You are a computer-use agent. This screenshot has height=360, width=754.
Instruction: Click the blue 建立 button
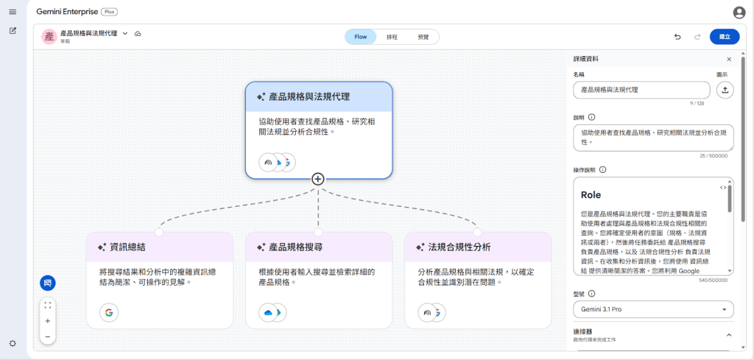pyautogui.click(x=725, y=37)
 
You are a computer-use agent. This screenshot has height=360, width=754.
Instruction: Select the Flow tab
pyautogui.click(x=361, y=37)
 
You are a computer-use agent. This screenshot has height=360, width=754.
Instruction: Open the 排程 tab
pyautogui.click(x=392, y=37)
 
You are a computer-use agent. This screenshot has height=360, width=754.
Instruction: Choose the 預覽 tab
pyautogui.click(x=423, y=37)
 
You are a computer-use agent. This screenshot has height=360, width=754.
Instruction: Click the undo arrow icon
pyautogui.click(x=677, y=37)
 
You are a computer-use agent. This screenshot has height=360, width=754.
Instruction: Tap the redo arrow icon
pyautogui.click(x=697, y=37)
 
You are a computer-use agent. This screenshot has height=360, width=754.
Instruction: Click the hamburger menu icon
pyautogui.click(x=13, y=12)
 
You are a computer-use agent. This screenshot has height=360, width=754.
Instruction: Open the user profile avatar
pyautogui.click(x=739, y=12)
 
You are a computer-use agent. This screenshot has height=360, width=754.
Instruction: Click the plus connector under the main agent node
pyautogui.click(x=318, y=179)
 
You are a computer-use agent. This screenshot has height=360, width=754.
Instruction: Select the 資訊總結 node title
pyautogui.click(x=127, y=247)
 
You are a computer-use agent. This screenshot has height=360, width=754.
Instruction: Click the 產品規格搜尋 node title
pyautogui.click(x=295, y=247)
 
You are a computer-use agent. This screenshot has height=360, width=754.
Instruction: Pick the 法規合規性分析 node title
pyautogui.click(x=459, y=247)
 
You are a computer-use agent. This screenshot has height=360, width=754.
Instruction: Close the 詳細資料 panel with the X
pyautogui.click(x=729, y=59)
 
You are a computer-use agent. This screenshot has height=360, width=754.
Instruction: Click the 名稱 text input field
pyautogui.click(x=641, y=90)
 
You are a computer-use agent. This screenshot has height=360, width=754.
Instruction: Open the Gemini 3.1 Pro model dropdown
pyautogui.click(x=653, y=309)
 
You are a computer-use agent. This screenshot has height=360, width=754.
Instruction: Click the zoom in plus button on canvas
pyautogui.click(x=48, y=321)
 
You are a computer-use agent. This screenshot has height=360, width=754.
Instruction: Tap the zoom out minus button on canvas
pyautogui.click(x=48, y=336)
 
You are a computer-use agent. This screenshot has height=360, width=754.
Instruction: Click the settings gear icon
pyautogui.click(x=13, y=343)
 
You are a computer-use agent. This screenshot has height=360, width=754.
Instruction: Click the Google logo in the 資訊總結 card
pyautogui.click(x=108, y=313)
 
